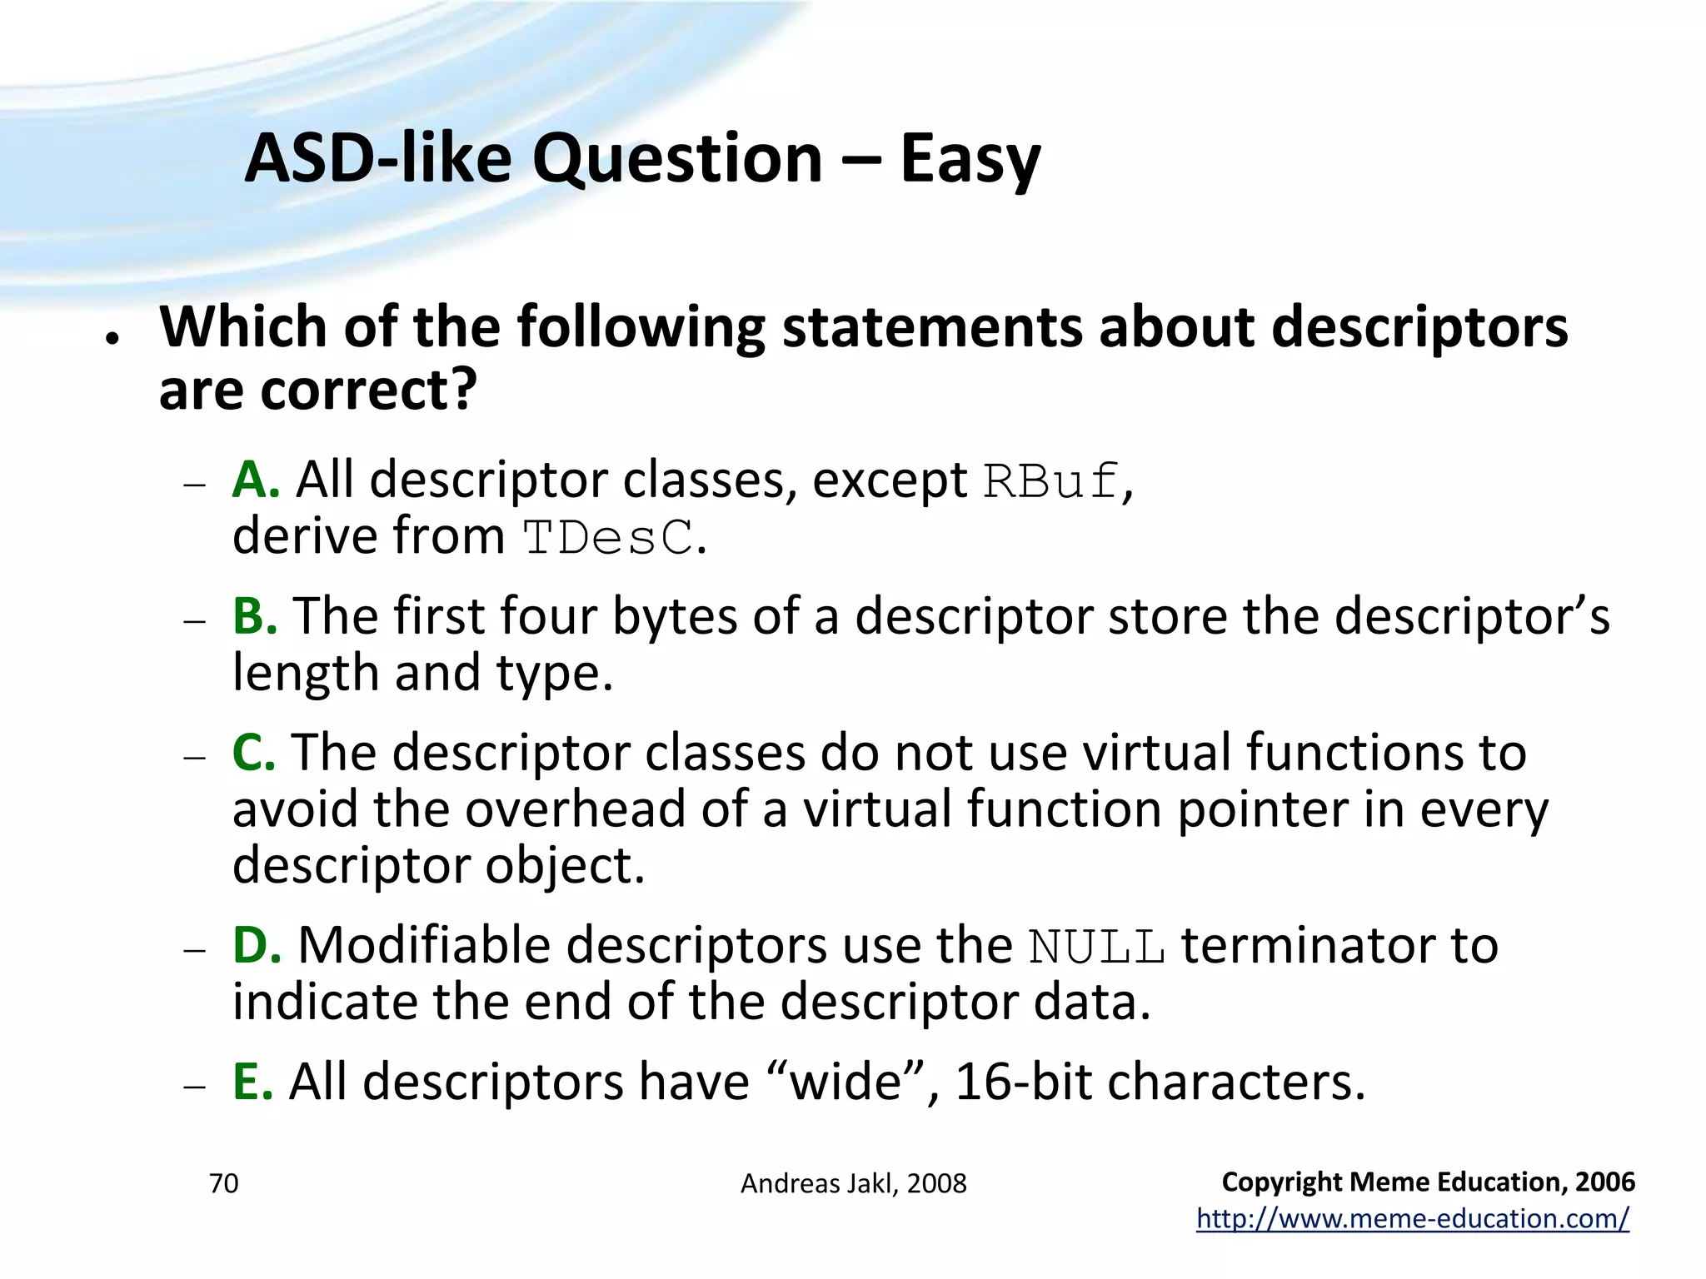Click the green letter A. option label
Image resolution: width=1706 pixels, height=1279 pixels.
(256, 480)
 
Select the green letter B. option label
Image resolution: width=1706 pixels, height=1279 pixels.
(255, 616)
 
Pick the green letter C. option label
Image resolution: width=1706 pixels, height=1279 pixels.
(254, 753)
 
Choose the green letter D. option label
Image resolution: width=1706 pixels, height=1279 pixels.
(257, 946)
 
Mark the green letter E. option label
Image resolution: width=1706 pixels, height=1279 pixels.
(252, 1082)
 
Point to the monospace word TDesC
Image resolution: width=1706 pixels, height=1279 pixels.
(608, 538)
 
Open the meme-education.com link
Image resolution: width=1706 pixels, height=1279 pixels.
(1412, 1218)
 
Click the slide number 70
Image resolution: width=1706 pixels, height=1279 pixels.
(223, 1183)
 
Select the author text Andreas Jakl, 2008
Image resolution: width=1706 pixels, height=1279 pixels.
(853, 1183)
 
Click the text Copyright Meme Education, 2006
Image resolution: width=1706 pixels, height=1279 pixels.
(1428, 1182)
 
